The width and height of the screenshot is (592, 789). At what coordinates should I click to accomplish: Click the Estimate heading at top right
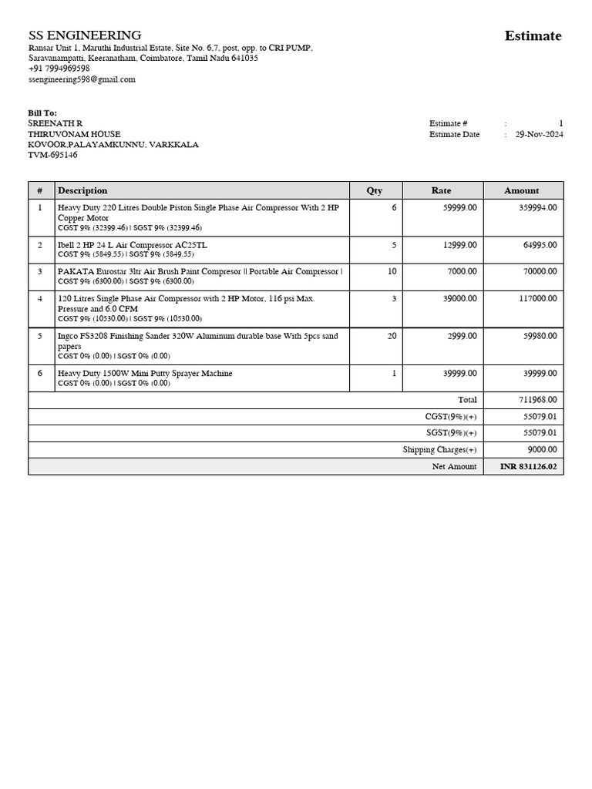(533, 35)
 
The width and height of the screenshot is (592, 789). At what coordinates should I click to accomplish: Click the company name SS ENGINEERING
(85, 35)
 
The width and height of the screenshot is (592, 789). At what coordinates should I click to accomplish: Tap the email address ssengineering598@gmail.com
(82, 79)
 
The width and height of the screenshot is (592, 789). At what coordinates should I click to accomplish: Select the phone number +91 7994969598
(59, 69)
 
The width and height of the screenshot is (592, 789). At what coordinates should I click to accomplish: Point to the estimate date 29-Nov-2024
(539, 134)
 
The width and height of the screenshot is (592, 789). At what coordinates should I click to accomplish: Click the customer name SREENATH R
(55, 123)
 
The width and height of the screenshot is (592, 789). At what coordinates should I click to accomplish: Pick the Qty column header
(374, 190)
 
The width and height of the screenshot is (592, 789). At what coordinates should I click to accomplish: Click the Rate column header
(441, 190)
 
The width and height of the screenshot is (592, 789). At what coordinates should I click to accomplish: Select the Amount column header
(522, 190)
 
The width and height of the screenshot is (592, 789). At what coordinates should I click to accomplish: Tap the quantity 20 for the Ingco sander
(392, 336)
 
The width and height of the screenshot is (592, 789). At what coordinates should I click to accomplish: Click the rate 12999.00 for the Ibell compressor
(459, 245)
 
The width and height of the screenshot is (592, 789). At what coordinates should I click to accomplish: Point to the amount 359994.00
(537, 207)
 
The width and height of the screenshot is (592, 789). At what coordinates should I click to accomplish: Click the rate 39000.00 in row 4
(459, 298)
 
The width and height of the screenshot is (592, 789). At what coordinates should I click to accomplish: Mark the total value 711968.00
(538, 400)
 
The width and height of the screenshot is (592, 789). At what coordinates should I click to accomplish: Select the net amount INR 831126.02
(528, 467)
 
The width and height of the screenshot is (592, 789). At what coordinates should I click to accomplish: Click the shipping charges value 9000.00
(543, 450)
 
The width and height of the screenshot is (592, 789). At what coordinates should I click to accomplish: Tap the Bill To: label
(42, 112)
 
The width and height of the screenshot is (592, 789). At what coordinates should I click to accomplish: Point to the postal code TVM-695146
(52, 155)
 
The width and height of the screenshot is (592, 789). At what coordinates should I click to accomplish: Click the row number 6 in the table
(40, 373)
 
